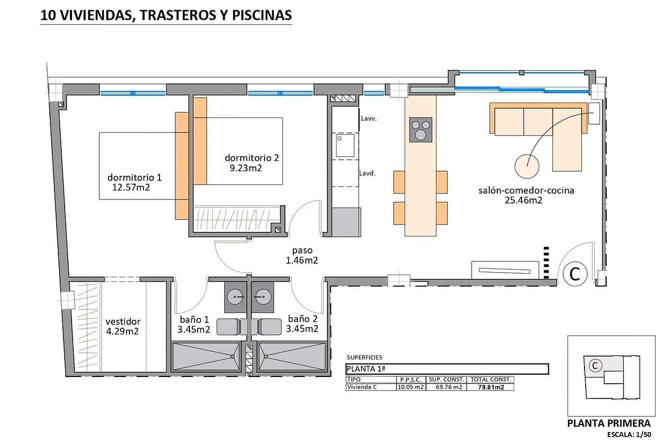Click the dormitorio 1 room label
point(135,177)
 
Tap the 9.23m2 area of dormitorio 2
point(246,168)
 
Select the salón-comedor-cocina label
point(526,190)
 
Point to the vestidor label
point(123,322)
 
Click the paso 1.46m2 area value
point(301,261)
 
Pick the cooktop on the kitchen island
point(421,129)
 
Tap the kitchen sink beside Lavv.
point(345,145)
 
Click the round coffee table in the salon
point(527,165)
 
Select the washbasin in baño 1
point(237,297)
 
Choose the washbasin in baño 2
point(263,297)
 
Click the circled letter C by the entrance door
point(575,274)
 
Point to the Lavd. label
point(367,173)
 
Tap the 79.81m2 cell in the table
point(491,387)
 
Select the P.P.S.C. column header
point(410,379)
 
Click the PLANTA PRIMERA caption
point(608,423)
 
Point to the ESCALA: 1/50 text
point(629,434)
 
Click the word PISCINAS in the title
point(262,15)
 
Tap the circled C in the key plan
point(595,365)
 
